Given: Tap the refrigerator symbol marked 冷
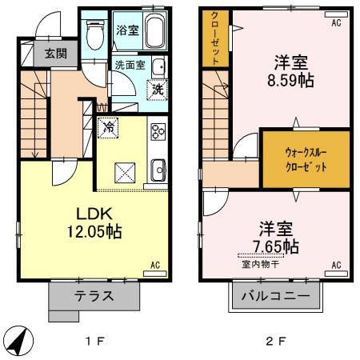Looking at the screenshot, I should click(108, 126).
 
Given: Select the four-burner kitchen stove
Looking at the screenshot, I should click(158, 129).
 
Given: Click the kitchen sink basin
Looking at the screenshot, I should click(158, 169).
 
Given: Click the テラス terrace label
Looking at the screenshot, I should click(93, 296).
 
